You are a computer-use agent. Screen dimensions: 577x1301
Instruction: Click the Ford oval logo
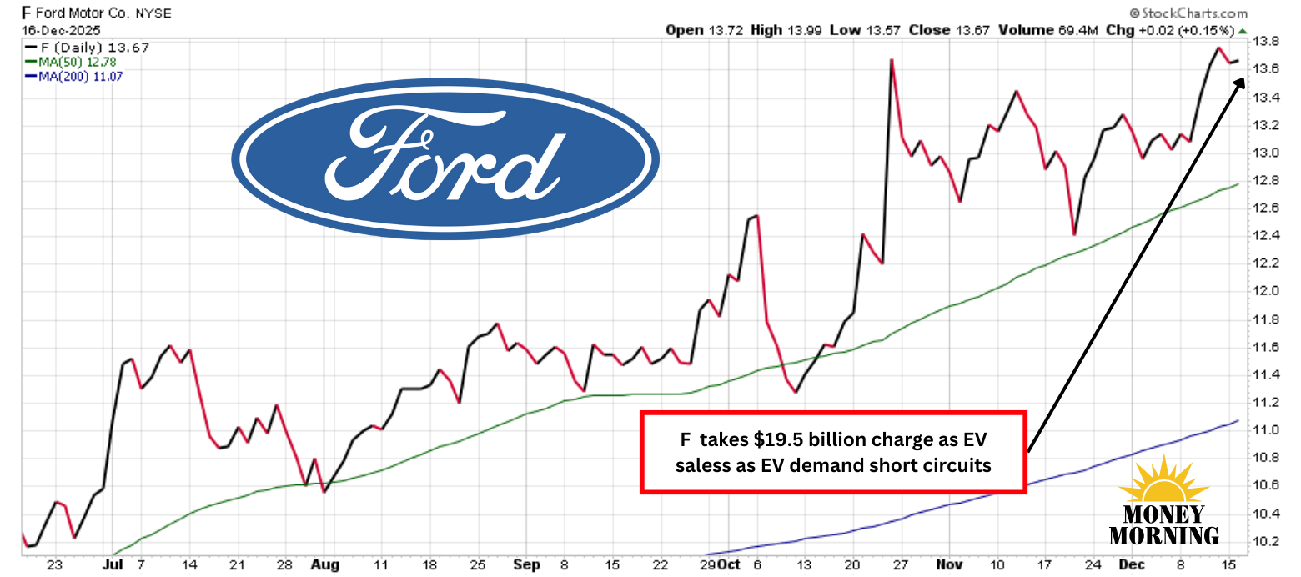coord(445,162)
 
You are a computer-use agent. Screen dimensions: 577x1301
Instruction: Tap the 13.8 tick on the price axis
coord(1268,41)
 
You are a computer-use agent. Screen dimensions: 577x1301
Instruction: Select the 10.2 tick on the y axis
coord(1268,541)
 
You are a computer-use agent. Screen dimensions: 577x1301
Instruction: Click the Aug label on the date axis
coord(325,564)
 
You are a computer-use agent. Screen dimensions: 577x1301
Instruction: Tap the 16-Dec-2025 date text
coord(54,30)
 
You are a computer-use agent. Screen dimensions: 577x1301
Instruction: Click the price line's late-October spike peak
coord(892,60)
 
